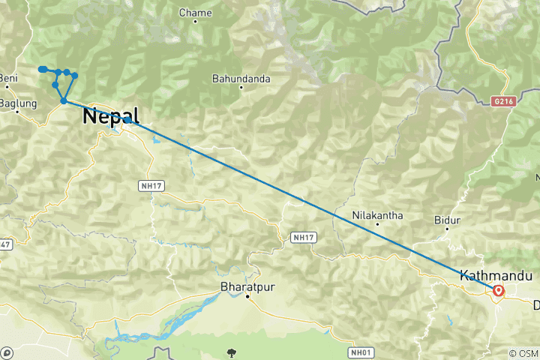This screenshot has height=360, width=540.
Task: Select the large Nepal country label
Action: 111,117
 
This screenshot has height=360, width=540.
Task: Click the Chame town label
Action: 194,13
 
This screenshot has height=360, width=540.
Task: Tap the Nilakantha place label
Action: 378,216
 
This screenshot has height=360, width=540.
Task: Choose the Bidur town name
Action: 447,220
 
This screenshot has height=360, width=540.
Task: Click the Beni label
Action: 9,78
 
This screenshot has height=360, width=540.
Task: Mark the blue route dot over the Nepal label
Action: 128,119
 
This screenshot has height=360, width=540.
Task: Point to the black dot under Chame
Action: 195,21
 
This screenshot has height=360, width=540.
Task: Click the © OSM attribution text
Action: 523,353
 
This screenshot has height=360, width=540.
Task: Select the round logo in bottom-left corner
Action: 7,352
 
